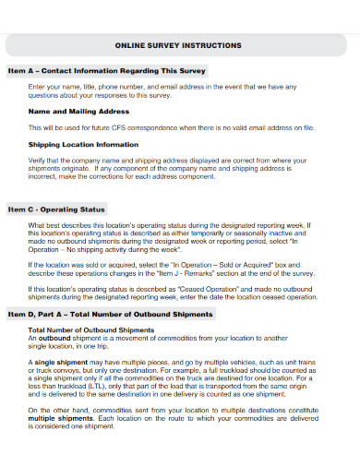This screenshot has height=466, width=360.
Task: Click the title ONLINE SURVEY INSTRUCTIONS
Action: click(x=179, y=44)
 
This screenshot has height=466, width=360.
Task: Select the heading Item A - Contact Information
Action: click(x=106, y=70)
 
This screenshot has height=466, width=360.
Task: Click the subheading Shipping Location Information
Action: click(x=84, y=144)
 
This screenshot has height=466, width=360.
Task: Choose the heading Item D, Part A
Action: click(x=111, y=315)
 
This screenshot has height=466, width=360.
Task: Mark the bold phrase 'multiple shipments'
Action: click(x=65, y=441)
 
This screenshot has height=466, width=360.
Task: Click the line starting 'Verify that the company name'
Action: click(x=174, y=160)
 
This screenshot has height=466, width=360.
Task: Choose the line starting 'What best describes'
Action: click(x=173, y=225)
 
